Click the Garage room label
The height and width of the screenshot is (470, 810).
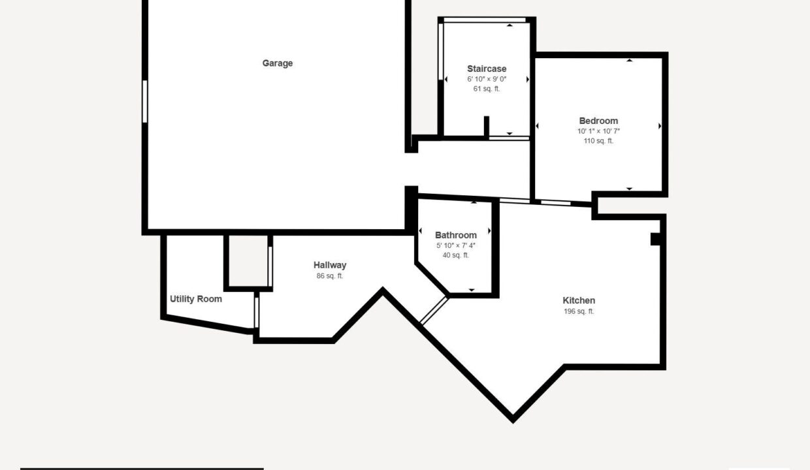[x=278, y=63]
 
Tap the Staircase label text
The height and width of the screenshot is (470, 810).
[x=487, y=69]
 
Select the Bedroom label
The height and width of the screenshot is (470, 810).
[x=598, y=121]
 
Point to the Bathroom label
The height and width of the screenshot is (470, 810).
[x=456, y=235]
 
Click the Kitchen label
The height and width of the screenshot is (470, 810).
[x=579, y=300]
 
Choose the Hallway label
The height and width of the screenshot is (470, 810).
[x=330, y=265]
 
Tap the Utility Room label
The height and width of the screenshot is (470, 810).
[x=196, y=299]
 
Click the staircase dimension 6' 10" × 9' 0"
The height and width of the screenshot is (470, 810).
[x=487, y=79]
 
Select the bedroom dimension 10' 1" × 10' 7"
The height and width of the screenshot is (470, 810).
[x=598, y=131]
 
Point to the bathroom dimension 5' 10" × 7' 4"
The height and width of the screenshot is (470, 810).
[x=456, y=245]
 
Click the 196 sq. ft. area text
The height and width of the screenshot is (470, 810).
[x=579, y=311]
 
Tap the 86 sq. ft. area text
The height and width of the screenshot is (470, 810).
[x=330, y=276]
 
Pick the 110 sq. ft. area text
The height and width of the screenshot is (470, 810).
[x=598, y=141]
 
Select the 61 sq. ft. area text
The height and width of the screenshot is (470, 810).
[x=487, y=89]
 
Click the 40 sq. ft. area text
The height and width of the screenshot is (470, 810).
[x=456, y=255]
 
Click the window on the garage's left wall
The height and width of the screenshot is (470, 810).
[x=145, y=102]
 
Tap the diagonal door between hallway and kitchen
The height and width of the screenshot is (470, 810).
[x=434, y=310]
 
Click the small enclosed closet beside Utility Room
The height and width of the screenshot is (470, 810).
[x=248, y=261]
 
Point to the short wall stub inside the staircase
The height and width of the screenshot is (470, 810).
[x=487, y=127]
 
